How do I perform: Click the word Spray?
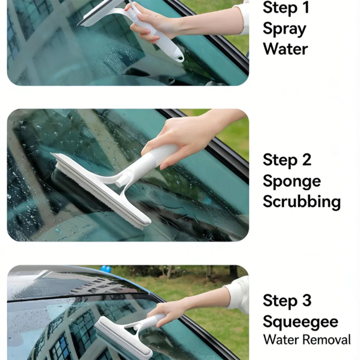(x=284, y=29)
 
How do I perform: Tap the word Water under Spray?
(x=285, y=49)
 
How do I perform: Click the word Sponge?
(x=292, y=181)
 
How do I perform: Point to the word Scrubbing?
(x=302, y=202)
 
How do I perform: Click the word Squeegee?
(x=301, y=322)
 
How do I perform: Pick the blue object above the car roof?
(x=106, y=269)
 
